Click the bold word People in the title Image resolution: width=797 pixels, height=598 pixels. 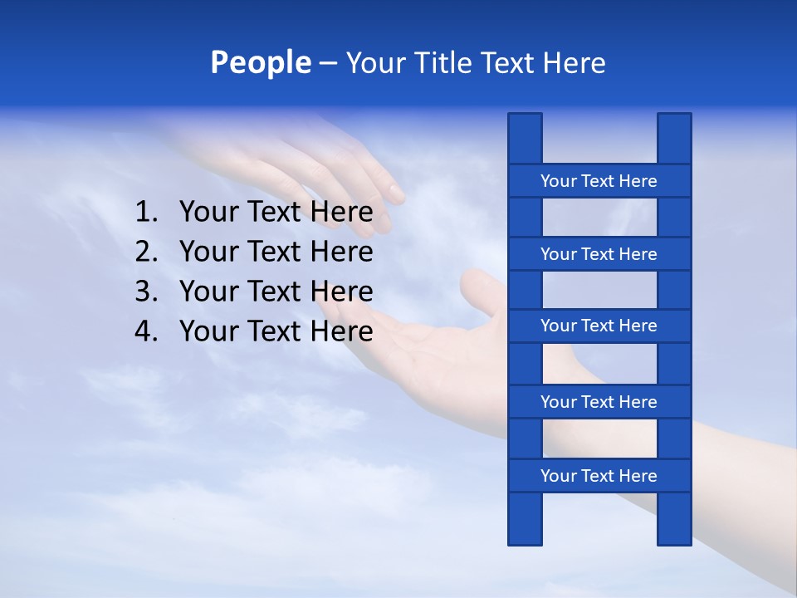[x=260, y=62]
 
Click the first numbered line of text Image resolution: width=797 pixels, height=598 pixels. [x=276, y=213]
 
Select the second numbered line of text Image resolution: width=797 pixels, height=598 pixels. [x=276, y=252]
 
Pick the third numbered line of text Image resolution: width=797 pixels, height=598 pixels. [x=276, y=292]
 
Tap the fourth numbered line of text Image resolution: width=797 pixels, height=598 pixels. [x=276, y=331]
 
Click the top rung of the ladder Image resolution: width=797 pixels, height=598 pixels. [x=599, y=181]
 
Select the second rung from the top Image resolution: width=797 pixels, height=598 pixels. [x=599, y=254]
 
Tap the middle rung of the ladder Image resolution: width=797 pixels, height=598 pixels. [x=599, y=326]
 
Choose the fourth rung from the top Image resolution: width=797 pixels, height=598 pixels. [x=599, y=402]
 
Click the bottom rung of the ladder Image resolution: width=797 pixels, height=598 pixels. [x=599, y=476]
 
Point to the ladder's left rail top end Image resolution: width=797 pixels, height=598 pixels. [x=525, y=120]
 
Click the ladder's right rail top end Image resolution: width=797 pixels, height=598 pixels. [x=674, y=120]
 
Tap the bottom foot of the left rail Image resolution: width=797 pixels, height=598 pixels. [x=525, y=537]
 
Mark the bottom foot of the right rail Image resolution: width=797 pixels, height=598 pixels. [x=674, y=537]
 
